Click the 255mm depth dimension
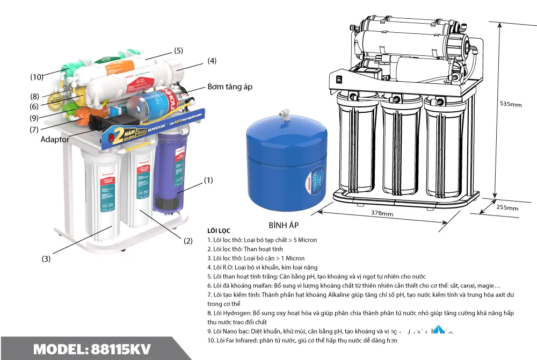507,208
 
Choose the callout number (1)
208,181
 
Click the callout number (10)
37,77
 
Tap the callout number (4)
212,61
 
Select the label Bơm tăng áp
230,87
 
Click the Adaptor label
55,139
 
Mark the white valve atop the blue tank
281,114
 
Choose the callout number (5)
178,51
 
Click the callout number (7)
34,129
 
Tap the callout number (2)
188,241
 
